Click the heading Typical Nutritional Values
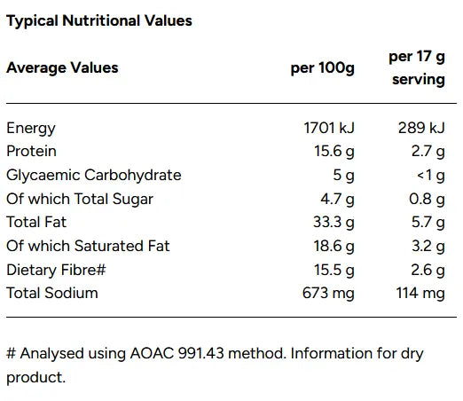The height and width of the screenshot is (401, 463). coord(99,20)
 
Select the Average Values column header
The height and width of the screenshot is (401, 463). coord(62,67)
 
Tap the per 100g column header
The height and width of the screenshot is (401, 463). coord(323,68)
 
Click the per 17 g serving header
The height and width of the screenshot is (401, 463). coord(417,67)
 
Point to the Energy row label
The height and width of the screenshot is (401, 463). coord(31,129)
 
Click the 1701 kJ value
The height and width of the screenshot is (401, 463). coord(329,129)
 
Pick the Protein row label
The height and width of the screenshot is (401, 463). coord(32,152)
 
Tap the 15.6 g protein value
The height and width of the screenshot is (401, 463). coord(333,152)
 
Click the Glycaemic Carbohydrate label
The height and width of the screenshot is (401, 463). coord(94,176)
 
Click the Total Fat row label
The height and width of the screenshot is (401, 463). coord(36,223)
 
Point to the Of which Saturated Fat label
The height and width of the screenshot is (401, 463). coord(88,246)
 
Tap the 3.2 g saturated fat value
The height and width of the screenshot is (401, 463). coord(428,246)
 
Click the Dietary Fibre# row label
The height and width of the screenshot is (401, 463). coord(51,270)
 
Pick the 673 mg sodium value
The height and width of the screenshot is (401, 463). coord(329,293)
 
